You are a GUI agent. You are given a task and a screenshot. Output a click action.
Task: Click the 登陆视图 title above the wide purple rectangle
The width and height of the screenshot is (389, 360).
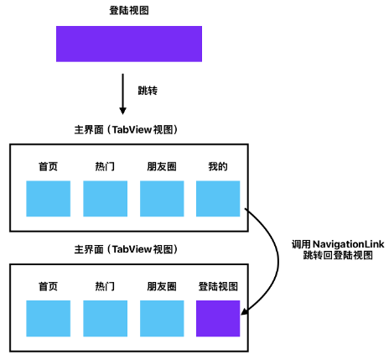point(129,11)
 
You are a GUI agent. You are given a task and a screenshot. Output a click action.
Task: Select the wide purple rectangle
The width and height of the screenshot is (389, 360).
point(129,44)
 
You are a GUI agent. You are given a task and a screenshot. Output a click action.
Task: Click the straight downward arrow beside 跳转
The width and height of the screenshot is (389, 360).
point(122,94)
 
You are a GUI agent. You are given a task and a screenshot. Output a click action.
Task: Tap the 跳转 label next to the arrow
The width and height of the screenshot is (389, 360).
point(148,91)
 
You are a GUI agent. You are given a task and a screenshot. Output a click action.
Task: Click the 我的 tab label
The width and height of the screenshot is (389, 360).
point(218,166)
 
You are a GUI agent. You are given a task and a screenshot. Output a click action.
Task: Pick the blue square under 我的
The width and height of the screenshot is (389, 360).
point(218,199)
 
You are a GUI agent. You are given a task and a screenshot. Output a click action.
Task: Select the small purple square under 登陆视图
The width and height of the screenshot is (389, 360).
point(218,318)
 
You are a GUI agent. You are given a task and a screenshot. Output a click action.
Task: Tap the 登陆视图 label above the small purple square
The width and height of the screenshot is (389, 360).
point(218,286)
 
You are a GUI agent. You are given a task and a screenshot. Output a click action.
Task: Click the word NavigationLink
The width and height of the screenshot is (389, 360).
point(348,244)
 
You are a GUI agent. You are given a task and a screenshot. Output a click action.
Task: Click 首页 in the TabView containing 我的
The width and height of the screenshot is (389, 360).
point(48,166)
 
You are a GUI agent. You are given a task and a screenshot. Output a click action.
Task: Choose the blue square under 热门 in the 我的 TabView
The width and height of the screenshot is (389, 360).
point(105,199)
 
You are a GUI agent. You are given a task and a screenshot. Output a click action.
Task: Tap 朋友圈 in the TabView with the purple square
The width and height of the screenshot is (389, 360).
point(162,286)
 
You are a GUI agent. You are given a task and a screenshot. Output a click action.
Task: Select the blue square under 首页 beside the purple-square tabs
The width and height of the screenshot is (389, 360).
point(49,318)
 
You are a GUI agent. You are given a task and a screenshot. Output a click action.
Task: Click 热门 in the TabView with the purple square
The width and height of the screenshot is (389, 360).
point(105,286)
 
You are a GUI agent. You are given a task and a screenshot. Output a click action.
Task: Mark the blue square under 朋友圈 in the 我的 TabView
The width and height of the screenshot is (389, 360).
point(162,199)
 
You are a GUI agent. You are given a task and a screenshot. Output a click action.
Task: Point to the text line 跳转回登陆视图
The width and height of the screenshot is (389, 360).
point(338,255)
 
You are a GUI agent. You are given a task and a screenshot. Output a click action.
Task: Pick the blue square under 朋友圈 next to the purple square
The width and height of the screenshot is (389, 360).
point(162,318)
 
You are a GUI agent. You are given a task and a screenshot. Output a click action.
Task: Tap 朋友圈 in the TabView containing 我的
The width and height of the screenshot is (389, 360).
point(162,166)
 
